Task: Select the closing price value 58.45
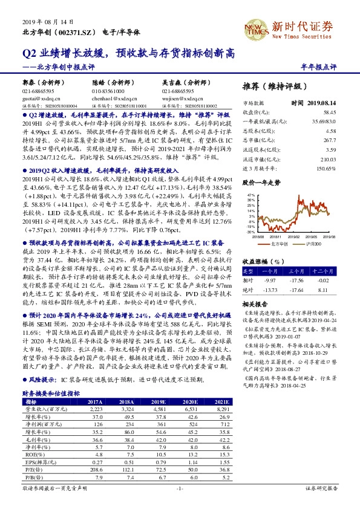tap(347, 112)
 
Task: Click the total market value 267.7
tap(347, 140)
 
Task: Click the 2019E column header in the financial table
tap(159, 384)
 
